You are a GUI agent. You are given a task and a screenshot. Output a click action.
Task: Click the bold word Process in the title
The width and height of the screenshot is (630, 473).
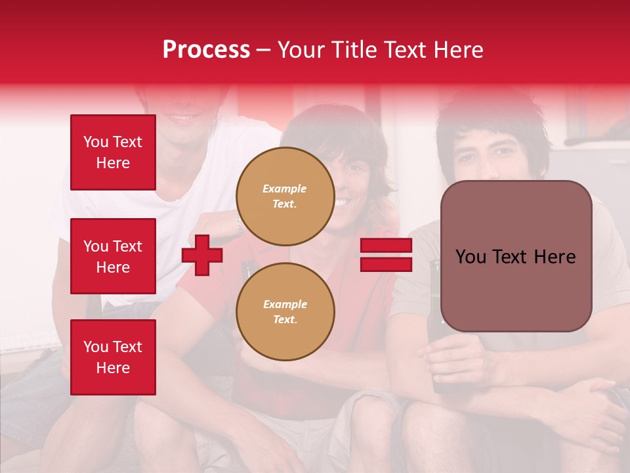click(206, 49)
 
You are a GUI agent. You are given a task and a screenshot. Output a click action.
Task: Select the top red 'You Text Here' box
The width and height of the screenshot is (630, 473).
click(113, 152)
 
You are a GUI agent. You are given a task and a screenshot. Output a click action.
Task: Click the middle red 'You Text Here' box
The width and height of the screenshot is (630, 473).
click(113, 256)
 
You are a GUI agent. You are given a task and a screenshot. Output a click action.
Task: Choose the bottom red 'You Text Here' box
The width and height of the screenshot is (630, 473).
click(113, 357)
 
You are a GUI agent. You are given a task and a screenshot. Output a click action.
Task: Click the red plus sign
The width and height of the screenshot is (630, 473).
click(202, 255)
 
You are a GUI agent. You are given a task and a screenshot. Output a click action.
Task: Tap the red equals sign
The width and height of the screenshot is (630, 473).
click(386, 255)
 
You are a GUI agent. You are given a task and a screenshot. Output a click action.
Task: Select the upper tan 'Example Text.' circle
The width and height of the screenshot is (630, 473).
click(285, 196)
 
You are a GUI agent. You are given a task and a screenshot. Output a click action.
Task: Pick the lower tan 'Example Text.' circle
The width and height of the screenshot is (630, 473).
click(285, 311)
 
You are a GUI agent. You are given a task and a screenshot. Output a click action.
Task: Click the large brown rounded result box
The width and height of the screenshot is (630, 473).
click(516, 256)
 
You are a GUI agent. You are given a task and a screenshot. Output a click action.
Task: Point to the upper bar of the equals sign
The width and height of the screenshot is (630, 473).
click(386, 246)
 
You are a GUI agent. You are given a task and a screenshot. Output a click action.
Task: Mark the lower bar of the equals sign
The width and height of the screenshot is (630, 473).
click(386, 264)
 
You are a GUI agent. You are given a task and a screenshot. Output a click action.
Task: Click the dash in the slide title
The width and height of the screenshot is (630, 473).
click(263, 50)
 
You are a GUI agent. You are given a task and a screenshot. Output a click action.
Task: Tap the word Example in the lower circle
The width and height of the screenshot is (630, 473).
click(285, 304)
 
